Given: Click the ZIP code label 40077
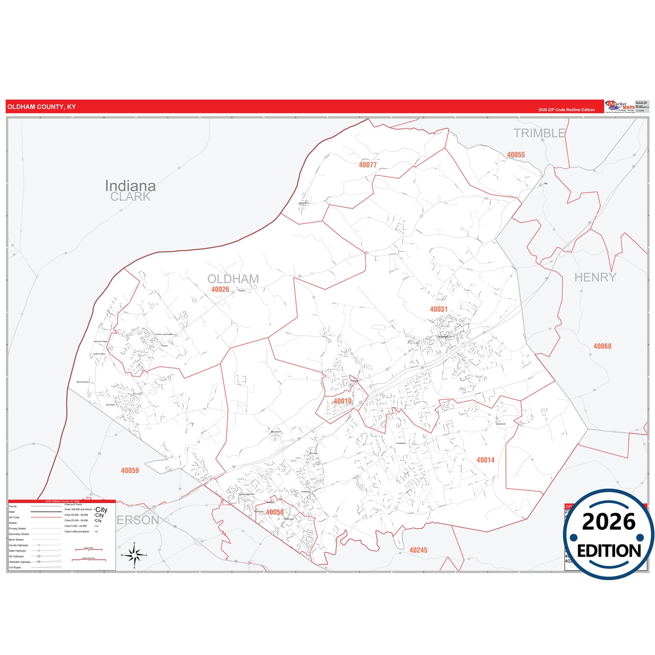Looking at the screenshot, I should click(368, 165).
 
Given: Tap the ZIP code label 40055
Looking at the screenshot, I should click(516, 155).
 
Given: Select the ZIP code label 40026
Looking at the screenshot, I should click(220, 290).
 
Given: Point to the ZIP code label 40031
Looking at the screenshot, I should click(438, 309).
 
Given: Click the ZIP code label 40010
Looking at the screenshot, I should click(343, 401).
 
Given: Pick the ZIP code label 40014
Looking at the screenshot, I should click(485, 460).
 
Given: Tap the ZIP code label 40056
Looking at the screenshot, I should click(275, 512).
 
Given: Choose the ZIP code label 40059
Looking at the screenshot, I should click(130, 471).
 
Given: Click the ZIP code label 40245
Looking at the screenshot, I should click(418, 550).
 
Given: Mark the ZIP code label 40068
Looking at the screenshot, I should click(602, 346).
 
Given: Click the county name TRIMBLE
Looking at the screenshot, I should click(539, 133).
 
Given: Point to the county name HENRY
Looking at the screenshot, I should click(595, 277).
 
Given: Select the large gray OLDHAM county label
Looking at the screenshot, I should click(233, 279).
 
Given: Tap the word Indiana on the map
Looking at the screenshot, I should click(130, 185).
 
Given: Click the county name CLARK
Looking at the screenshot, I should click(130, 197).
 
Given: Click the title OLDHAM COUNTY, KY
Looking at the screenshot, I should click(42, 107).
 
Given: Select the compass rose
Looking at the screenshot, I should click(134, 555).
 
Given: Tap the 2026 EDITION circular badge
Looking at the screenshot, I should click(608, 534).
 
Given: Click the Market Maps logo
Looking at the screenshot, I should click(620, 107).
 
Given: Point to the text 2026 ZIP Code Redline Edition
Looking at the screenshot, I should click(566, 110).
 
